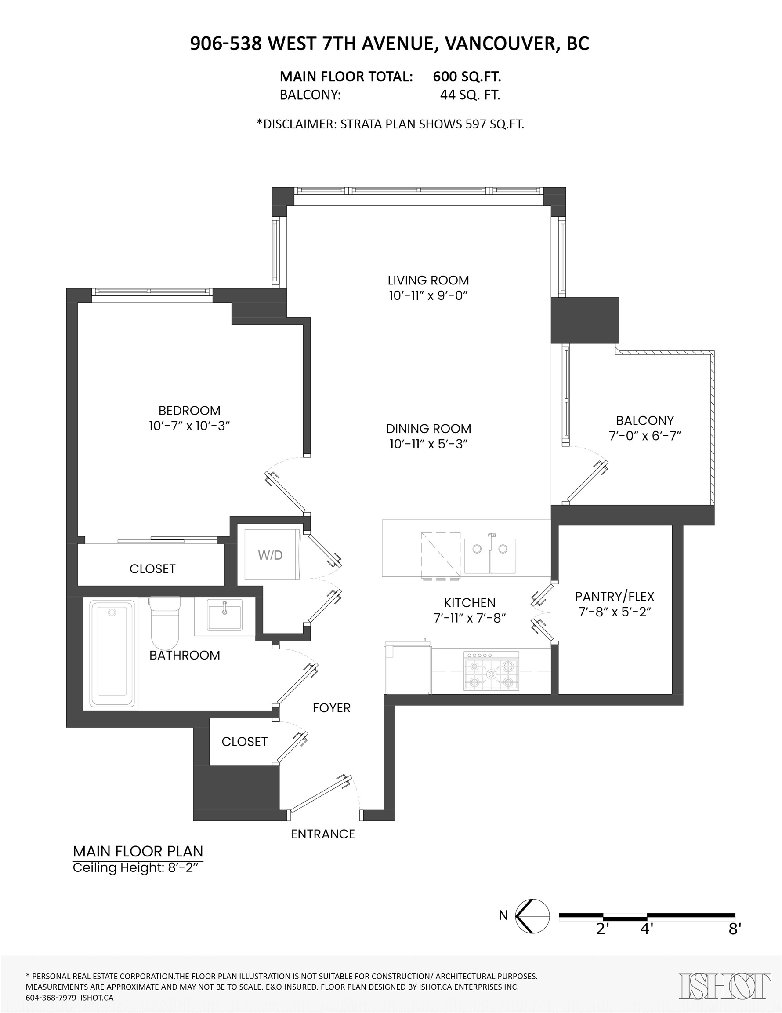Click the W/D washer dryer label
click(x=270, y=555)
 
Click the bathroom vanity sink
click(x=225, y=615)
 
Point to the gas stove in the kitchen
click(x=491, y=670)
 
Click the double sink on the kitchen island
click(x=490, y=556)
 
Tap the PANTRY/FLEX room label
click(x=615, y=597)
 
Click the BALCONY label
click(x=645, y=421)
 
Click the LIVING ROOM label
click(x=428, y=280)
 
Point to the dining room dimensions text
click(x=428, y=444)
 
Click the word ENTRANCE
click(x=323, y=834)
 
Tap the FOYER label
click(x=331, y=708)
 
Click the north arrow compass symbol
click(x=532, y=916)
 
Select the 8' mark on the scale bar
click(x=735, y=929)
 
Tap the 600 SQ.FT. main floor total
click(x=467, y=77)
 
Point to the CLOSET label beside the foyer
click(x=244, y=742)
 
